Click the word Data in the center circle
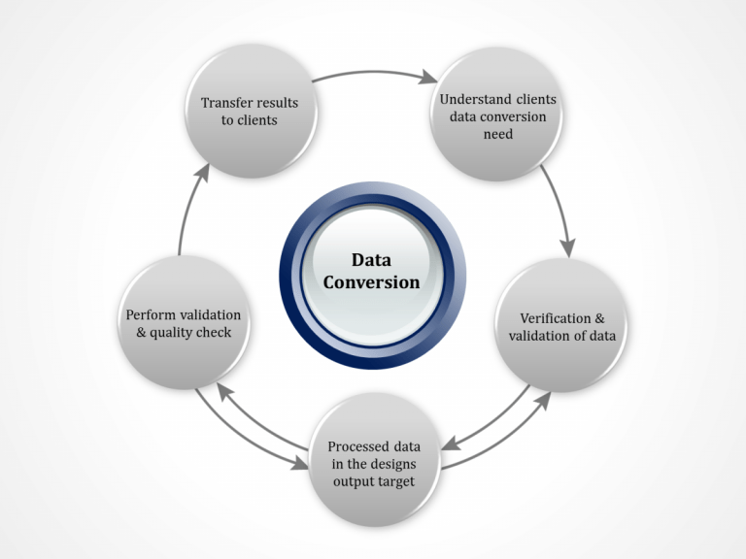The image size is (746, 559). pos(372,260)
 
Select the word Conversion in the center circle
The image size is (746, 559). pos(372,282)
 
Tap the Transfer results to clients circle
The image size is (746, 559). pos(250,111)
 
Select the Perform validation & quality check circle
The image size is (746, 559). pos(183,324)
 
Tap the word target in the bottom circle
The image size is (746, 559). pos(400,481)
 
